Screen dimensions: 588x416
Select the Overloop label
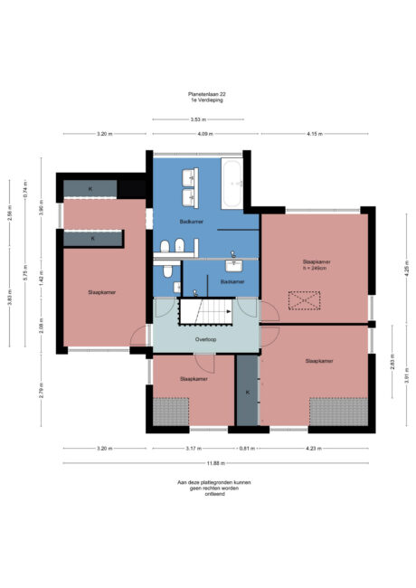click(205, 340)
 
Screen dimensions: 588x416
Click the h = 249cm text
click(317, 268)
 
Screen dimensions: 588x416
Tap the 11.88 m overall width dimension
click(214, 463)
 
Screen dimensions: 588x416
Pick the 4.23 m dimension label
click(313, 449)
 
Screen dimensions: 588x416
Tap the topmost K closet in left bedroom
click(90, 188)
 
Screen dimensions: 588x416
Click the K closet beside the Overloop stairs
click(247, 392)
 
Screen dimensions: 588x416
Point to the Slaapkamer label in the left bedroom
click(101, 293)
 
